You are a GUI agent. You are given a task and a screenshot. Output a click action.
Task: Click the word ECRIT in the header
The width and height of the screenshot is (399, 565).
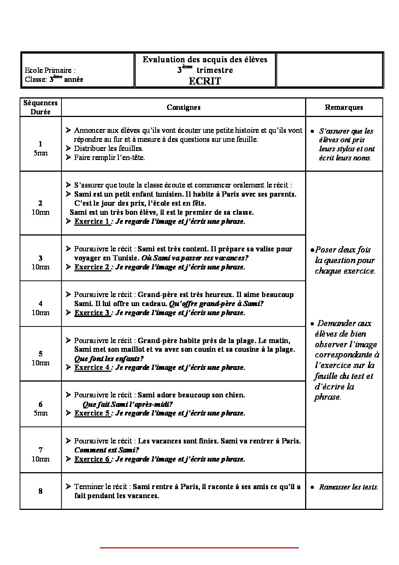coord(205,81)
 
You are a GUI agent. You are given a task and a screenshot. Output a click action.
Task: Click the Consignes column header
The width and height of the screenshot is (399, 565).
coord(183,107)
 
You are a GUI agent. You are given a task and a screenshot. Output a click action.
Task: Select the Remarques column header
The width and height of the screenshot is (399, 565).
coord(344,107)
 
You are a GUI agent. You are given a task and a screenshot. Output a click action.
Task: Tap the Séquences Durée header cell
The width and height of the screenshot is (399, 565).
coord(40,107)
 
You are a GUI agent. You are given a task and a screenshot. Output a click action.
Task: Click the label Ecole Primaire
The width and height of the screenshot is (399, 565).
coord(50,70)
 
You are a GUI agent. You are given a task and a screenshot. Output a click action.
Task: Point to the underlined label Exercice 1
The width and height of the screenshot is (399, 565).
coord(92,222)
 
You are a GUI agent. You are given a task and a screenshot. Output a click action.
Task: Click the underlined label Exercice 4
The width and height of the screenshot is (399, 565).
coord(92,367)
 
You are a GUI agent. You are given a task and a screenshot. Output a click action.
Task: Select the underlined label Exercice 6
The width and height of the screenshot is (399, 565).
coord(92,459)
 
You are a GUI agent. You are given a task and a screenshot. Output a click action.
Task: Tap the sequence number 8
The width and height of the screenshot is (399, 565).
coord(40,491)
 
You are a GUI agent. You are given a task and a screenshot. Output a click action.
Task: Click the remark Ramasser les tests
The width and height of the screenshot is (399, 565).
coord(348,487)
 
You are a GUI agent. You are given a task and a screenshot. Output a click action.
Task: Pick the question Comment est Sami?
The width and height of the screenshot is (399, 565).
coord(107,450)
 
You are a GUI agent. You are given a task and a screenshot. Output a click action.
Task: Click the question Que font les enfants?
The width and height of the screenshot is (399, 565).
coord(109,358)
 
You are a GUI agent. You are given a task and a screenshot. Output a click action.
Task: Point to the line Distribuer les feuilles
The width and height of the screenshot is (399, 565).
coord(109,148)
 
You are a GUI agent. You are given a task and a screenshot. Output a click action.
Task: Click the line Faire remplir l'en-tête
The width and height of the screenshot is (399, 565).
coord(109,157)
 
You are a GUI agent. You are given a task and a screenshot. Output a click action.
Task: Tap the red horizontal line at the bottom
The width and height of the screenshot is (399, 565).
coord(199,547)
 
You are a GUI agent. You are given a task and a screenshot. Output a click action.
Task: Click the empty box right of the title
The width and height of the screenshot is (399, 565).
coord(329,70)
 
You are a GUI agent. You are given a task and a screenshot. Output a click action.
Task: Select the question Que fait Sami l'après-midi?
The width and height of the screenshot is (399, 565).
coord(127,404)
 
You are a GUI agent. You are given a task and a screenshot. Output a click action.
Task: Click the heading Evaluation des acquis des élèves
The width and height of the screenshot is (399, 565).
coord(205,59)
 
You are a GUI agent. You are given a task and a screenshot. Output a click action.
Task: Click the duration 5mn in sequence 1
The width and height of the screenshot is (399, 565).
coord(40,153)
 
